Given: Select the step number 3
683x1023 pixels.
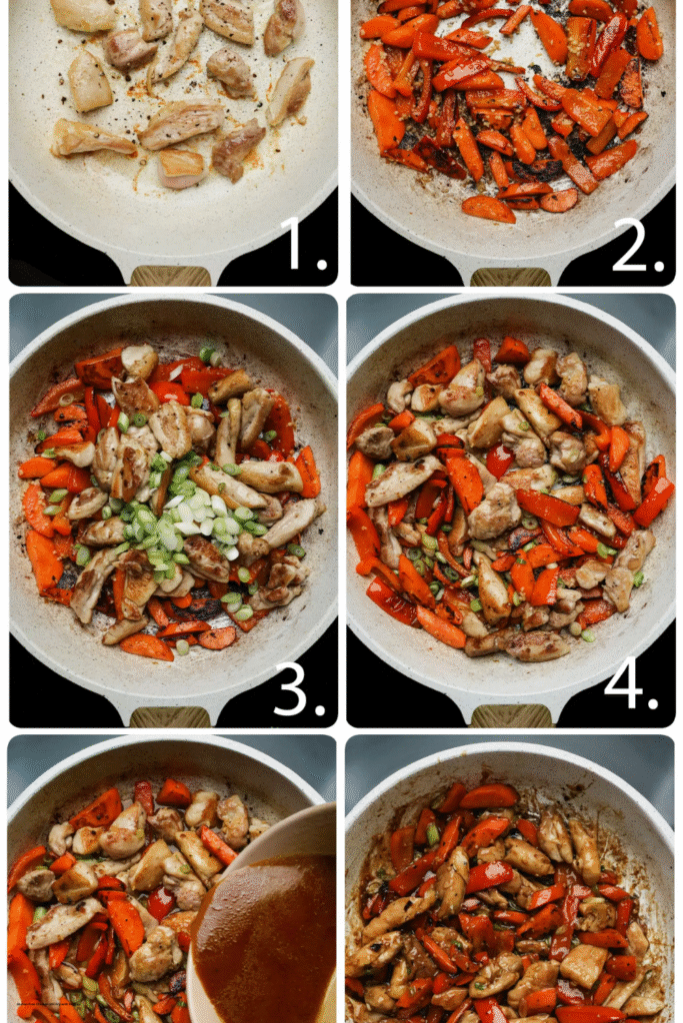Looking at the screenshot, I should coord(291,690).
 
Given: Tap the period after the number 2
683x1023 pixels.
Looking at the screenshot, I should coord(661,267).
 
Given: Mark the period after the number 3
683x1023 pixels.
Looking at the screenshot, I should coord(321,709).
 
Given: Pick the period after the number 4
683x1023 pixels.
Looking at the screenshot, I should coord(661,709).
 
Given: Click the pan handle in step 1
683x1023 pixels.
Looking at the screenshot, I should coord(157,276).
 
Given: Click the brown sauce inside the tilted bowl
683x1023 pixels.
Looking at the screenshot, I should coord(265,939).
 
